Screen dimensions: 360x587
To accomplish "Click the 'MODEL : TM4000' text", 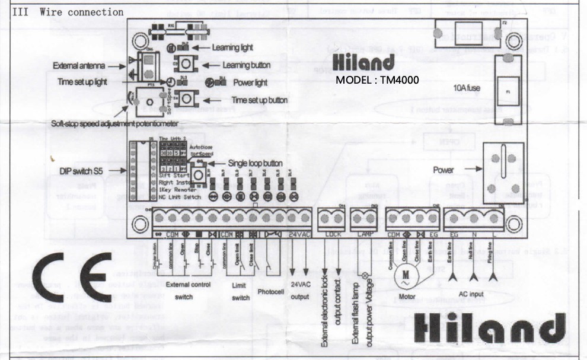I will coord(377,79).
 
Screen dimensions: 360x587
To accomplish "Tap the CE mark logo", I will coord(72,276).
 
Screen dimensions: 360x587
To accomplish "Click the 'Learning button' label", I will coord(246,65).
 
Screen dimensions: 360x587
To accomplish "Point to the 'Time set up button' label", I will coord(260,100).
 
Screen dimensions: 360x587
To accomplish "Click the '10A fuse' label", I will coord(467,88).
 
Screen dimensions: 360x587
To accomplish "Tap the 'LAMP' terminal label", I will coord(363,234).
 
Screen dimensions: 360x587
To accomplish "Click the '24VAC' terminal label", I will coord(299,234).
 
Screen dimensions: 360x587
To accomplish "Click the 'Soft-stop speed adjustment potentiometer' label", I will coord(115,123).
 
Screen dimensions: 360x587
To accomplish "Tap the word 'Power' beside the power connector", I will coord(443,170).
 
